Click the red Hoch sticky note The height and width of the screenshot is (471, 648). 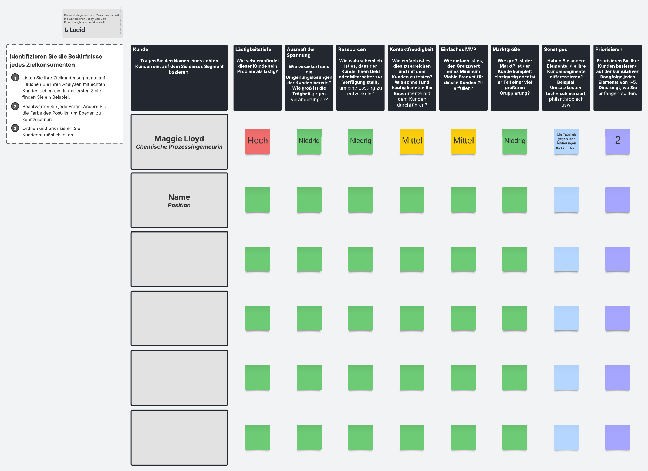[x=257, y=141]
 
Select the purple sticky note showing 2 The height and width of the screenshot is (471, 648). [x=617, y=141]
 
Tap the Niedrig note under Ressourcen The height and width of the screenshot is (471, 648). [x=360, y=141]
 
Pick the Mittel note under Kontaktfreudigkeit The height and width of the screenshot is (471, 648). [x=412, y=141]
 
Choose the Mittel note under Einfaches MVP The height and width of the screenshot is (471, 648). [x=463, y=141]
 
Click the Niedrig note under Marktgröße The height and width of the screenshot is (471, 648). [x=515, y=141]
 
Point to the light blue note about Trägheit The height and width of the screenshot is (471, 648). [x=566, y=141]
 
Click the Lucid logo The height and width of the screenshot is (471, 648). [x=75, y=30]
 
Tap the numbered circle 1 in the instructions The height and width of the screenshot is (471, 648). [x=15, y=78]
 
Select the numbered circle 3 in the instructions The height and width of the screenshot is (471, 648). [x=15, y=128]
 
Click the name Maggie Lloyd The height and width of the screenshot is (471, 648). [x=179, y=139]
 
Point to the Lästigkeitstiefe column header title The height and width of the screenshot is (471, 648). [x=253, y=49]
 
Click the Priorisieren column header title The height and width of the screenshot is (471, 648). [x=609, y=49]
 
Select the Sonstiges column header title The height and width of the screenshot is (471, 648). [x=555, y=49]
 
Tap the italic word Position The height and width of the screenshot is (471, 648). [x=179, y=205]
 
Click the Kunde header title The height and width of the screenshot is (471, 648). [x=140, y=49]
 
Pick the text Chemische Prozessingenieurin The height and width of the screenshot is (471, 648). [x=179, y=147]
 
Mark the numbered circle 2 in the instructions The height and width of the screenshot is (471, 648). [x=15, y=107]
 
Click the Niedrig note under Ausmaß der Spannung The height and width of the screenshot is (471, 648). [x=309, y=141]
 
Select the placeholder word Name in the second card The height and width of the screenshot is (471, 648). [x=179, y=197]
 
